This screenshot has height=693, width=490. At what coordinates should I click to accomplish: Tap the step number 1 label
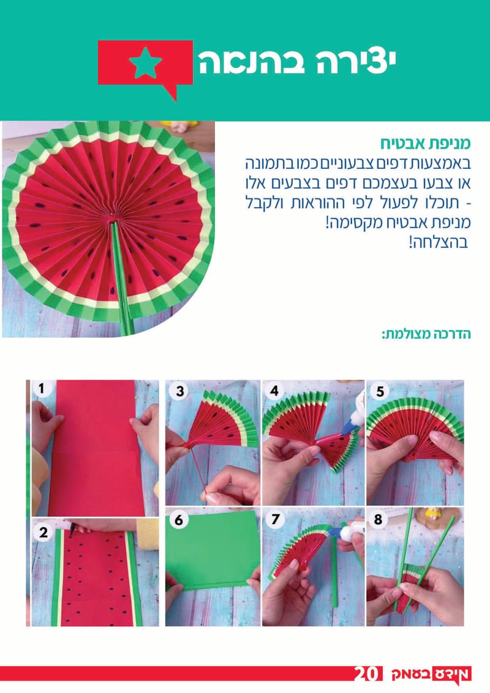coord(42,388)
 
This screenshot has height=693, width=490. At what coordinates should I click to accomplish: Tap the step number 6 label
coord(178,520)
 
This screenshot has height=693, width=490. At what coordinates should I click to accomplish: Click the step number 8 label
coord(379,520)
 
